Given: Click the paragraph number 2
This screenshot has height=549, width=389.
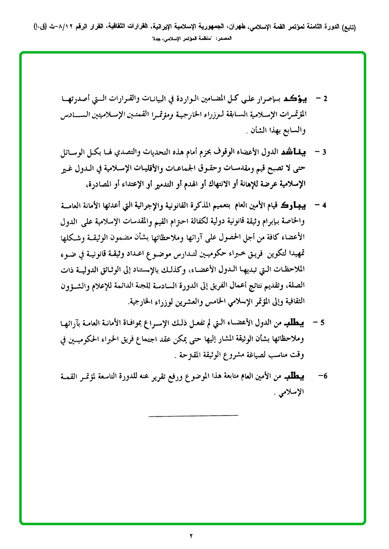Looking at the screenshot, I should tap(326, 97).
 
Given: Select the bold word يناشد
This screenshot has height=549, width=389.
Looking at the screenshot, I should tap(298, 152).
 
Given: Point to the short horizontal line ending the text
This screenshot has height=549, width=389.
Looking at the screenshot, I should tap(193, 416).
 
